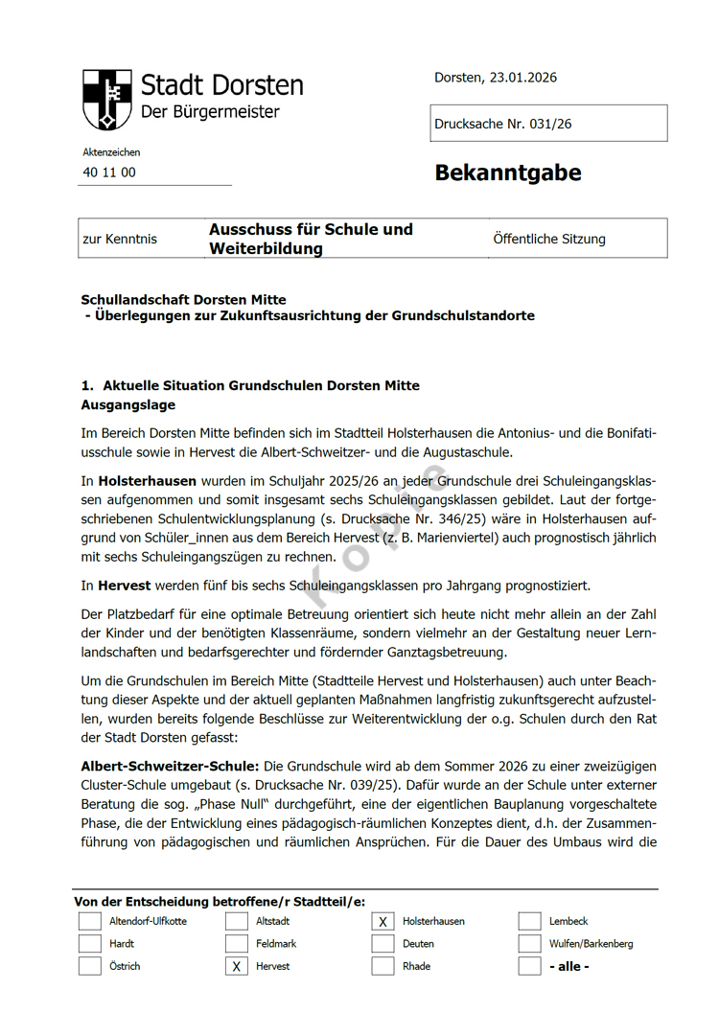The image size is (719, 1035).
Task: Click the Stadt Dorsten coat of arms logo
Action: [x=106, y=99]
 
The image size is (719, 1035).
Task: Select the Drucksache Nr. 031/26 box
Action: [x=548, y=124]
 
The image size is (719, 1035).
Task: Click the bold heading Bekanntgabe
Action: [x=507, y=172]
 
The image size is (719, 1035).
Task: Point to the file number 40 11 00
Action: [x=109, y=172]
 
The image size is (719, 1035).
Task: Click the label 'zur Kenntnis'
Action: [x=120, y=239]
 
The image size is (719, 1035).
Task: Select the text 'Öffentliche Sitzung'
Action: [x=549, y=239]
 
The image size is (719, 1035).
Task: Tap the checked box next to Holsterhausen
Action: [x=383, y=921]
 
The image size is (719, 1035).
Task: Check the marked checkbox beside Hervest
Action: [x=236, y=966]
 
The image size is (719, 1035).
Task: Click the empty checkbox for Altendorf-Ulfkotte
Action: [x=89, y=921]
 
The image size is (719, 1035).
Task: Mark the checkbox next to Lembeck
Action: [x=529, y=921]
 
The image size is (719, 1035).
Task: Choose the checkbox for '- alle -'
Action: [x=529, y=966]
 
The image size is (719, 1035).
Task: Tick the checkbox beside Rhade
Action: [x=383, y=966]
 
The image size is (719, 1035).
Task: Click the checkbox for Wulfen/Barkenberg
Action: [x=529, y=944]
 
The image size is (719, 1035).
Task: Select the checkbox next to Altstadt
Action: [x=236, y=921]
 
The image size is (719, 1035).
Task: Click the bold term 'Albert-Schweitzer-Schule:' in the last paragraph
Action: [x=170, y=767]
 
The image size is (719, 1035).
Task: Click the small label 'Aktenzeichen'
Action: [x=111, y=152]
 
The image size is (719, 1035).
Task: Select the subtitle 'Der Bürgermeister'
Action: [x=210, y=112]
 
